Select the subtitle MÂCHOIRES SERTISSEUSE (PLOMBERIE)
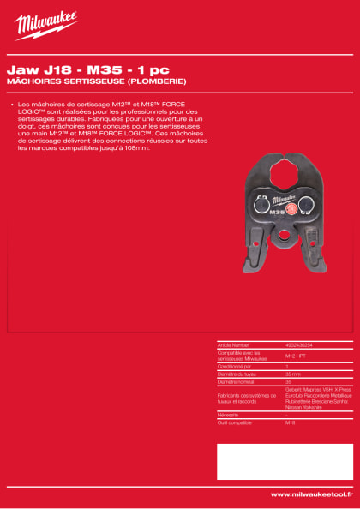[x=95, y=81]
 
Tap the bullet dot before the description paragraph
[x=12, y=105]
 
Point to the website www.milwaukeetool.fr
[x=311, y=494]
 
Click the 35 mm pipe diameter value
[x=292, y=374]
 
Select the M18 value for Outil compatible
[x=290, y=422]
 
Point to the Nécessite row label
[x=229, y=414]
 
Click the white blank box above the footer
[x=284, y=461]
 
